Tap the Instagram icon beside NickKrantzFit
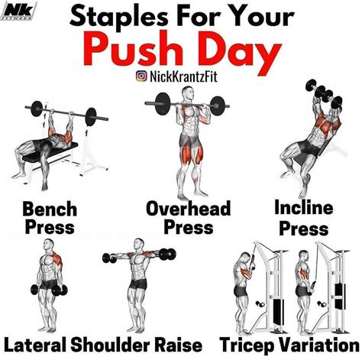pyautogui.click(x=141, y=75)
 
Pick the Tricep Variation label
pyautogui.click(x=289, y=343)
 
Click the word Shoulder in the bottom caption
pyautogui.click(x=114, y=343)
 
